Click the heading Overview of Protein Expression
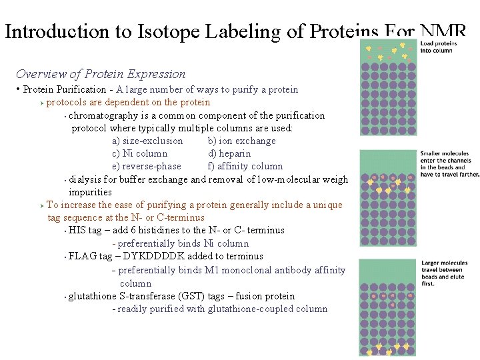[101, 74]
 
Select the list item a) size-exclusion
[147, 141]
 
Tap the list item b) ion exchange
[241, 141]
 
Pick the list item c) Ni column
[140, 153]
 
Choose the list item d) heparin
[229, 153]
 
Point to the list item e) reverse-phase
[147, 166]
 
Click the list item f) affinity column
[245, 166]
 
